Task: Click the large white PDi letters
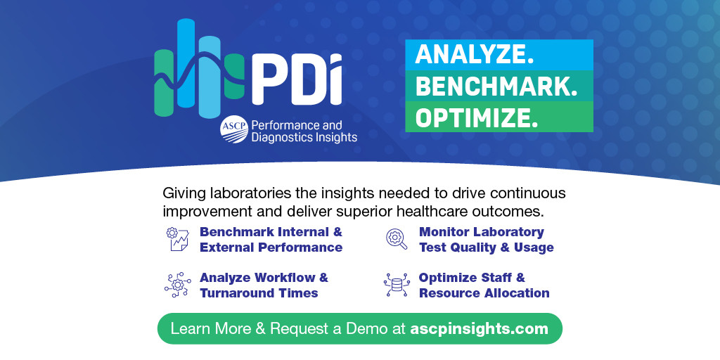coord(297,79)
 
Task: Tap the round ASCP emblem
coord(234,129)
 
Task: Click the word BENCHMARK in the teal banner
coord(496,86)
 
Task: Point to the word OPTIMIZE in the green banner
coord(476,117)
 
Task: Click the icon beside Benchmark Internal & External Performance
coord(178,239)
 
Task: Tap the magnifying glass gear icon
coord(397,239)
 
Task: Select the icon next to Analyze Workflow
coord(178,285)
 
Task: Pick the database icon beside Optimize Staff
coord(397,285)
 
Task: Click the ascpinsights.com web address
coord(479,329)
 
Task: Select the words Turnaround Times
coord(259,293)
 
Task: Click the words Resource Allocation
coord(484,293)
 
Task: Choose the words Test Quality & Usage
coord(487,247)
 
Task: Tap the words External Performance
coord(271,247)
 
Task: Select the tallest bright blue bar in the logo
coord(186,63)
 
